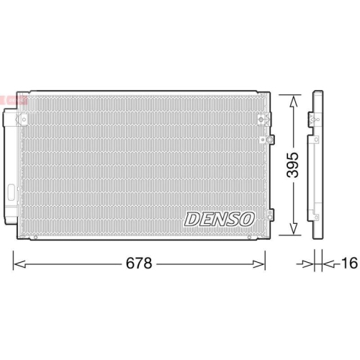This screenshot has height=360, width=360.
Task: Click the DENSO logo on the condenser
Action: point(219,217)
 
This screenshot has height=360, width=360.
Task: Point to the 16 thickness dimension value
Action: point(348,264)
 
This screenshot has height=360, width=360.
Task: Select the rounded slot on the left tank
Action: point(12,192)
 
